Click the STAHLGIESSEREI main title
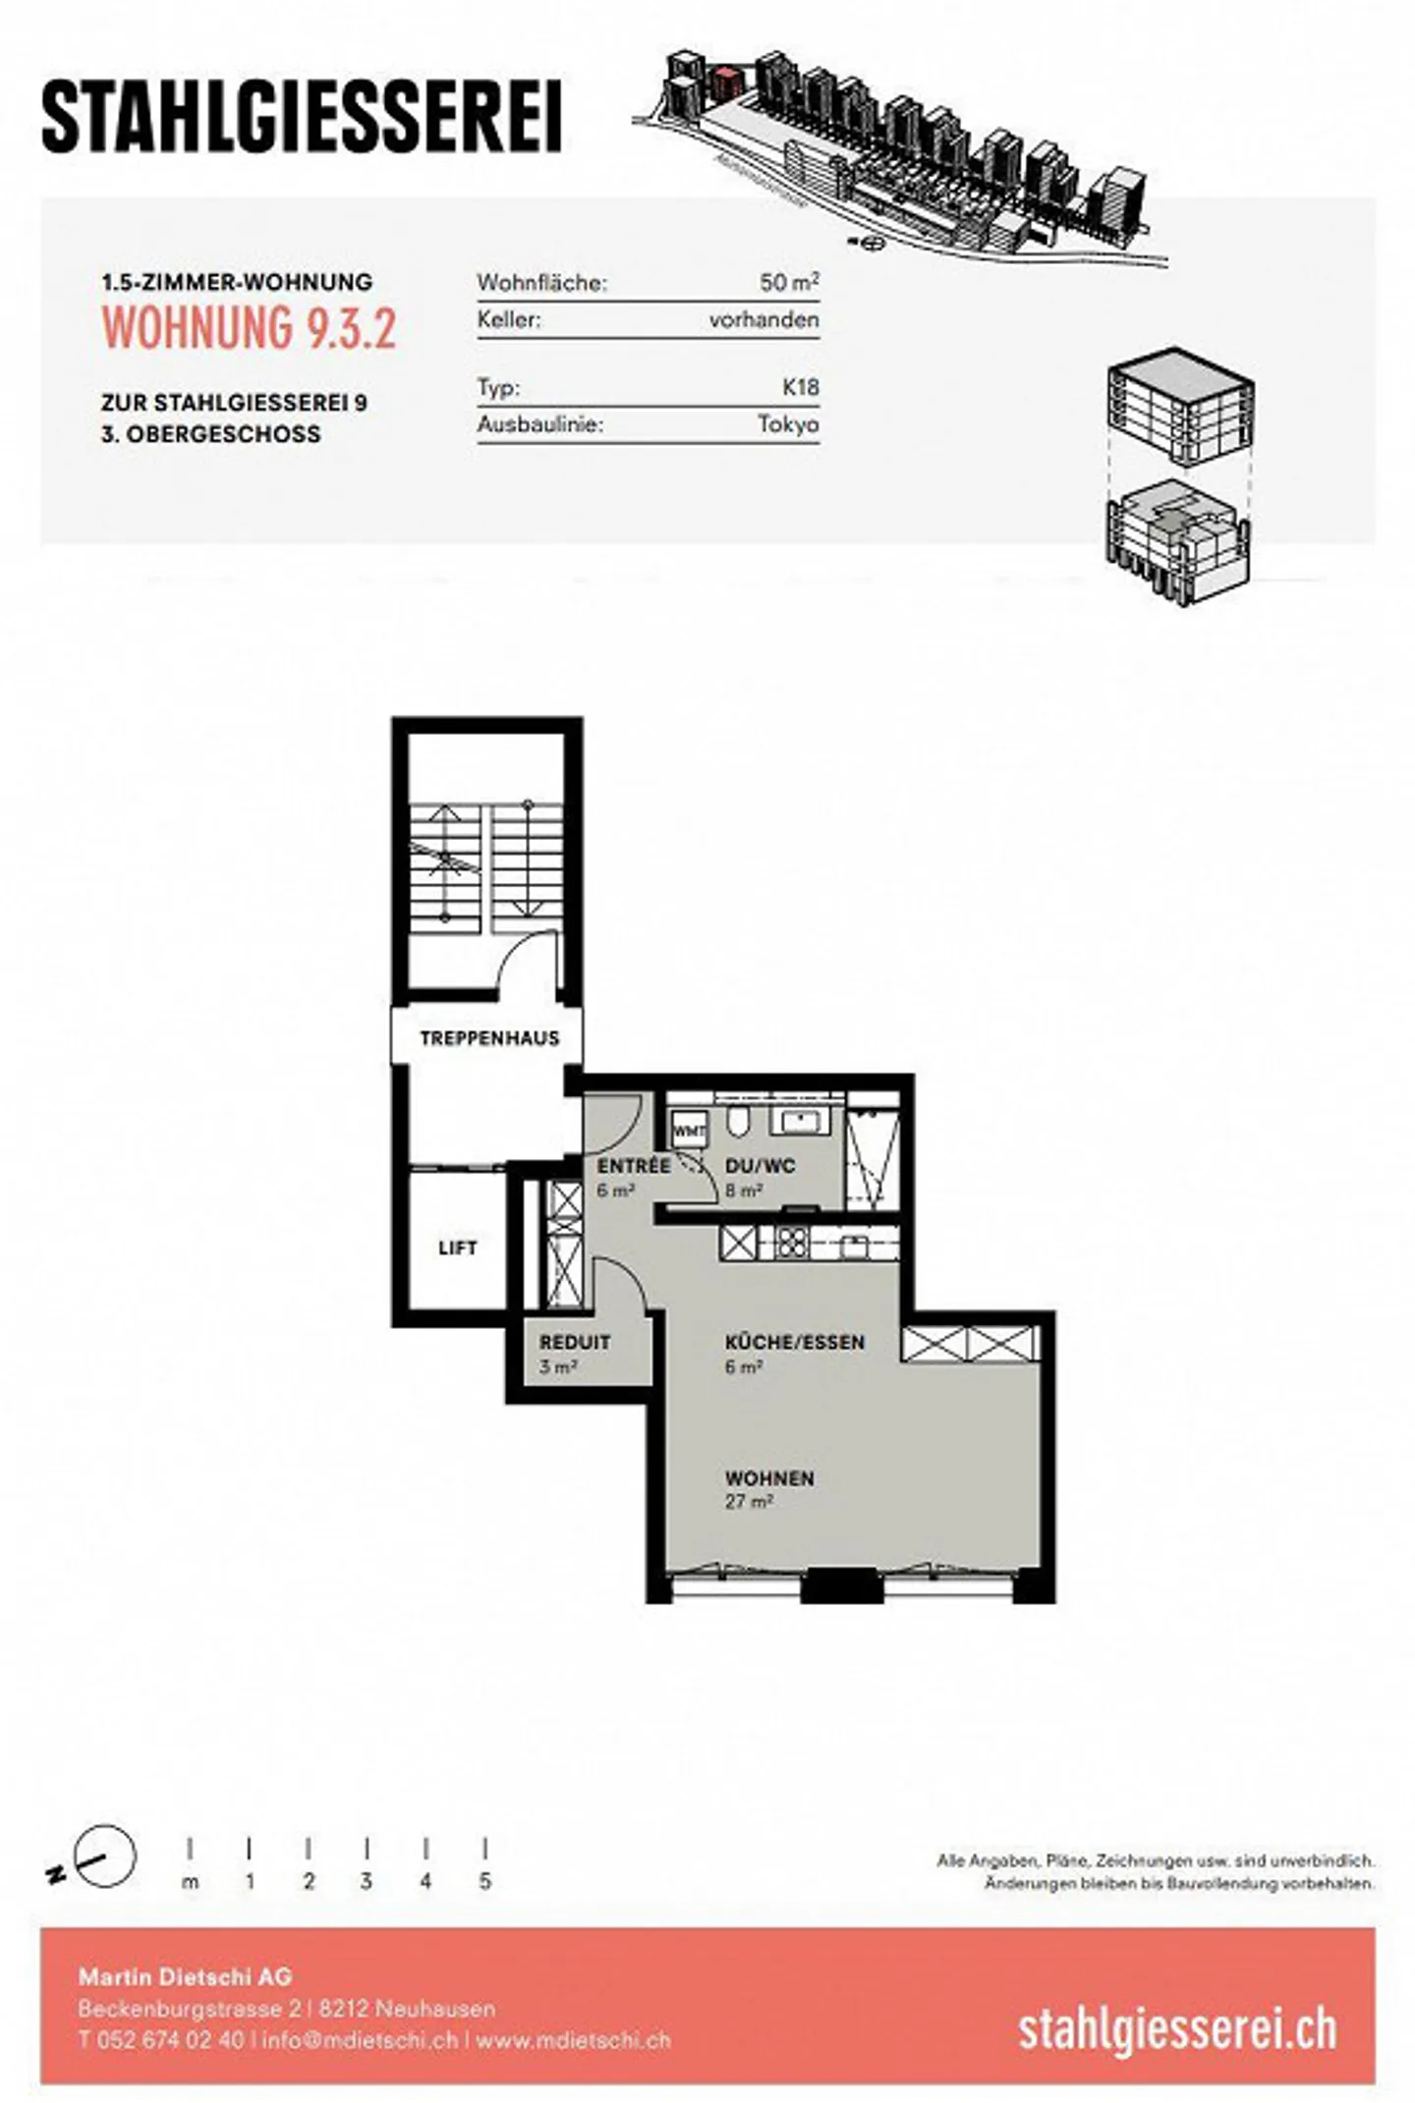click(302, 118)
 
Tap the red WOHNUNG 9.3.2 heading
click(249, 327)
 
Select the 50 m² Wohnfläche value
click(788, 282)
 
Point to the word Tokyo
click(787, 424)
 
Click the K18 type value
click(800, 387)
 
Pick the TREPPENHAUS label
click(488, 1038)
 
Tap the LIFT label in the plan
click(457, 1247)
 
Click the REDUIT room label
click(574, 1342)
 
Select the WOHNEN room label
click(769, 1478)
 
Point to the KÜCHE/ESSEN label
click(794, 1342)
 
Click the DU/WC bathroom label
click(760, 1166)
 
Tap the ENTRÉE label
click(633, 1166)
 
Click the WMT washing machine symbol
click(689, 1131)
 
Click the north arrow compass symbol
click(102, 1856)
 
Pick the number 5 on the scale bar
click(484, 1882)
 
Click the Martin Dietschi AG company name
click(185, 1976)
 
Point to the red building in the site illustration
click(725, 83)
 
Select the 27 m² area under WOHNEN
click(749, 1502)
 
